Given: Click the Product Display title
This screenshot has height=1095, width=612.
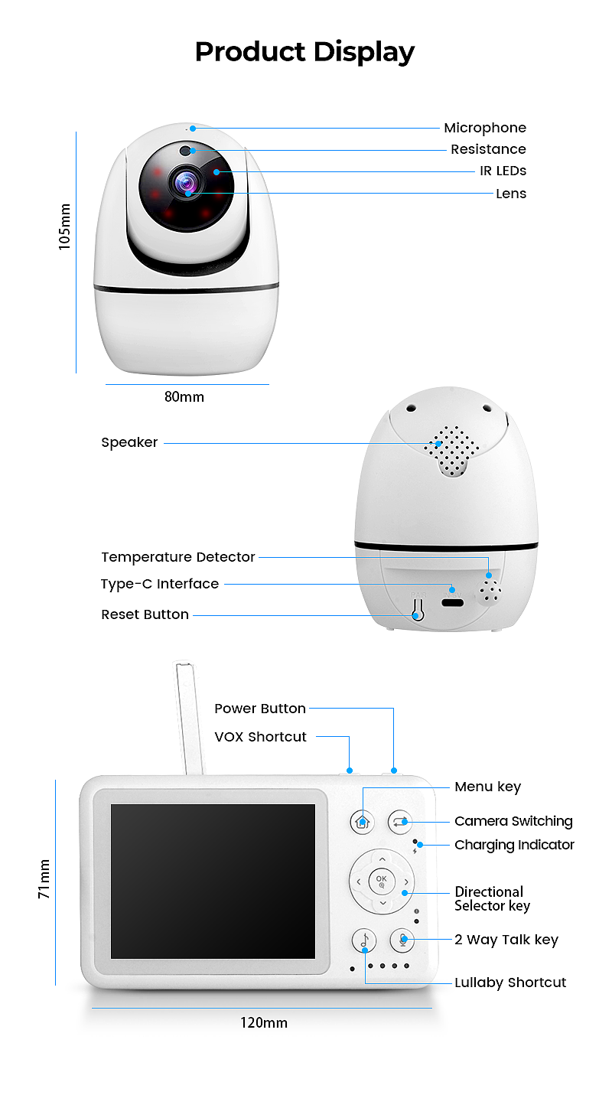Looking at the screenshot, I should [x=304, y=52].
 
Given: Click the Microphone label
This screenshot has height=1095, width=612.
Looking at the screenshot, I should [x=485, y=128].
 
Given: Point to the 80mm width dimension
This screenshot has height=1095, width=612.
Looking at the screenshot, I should [x=184, y=397].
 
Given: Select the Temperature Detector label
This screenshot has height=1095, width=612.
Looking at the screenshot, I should [x=177, y=557].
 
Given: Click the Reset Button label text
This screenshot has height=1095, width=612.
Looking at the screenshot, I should [x=145, y=614].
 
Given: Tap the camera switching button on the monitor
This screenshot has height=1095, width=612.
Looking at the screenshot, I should [x=399, y=823].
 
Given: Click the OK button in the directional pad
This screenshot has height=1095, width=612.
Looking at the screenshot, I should [x=382, y=882].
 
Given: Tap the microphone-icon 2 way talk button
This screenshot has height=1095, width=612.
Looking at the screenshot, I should [x=402, y=940].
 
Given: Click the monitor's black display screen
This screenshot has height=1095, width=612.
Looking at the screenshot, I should [x=213, y=881].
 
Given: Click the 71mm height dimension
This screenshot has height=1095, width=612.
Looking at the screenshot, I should [x=44, y=879].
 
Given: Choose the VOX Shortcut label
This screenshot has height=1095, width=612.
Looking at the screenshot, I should [x=260, y=737].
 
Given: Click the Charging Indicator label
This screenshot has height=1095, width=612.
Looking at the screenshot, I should [x=514, y=845].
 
